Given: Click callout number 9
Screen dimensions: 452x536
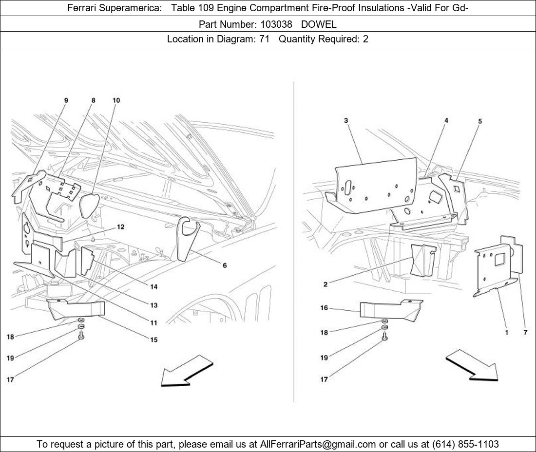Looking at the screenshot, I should (x=66, y=100).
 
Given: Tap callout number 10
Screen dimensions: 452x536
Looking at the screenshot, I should (x=116, y=100).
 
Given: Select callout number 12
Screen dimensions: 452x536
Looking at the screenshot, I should (x=120, y=227).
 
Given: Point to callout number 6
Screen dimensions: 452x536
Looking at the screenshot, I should (x=224, y=265).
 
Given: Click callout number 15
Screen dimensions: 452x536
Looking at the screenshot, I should (x=153, y=339).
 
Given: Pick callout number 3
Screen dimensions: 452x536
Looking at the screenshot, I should (x=345, y=120).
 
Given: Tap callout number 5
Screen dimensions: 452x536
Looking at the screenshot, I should (x=480, y=121).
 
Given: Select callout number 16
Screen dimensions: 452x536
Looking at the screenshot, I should (x=324, y=308).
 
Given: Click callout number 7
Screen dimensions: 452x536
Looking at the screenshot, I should (x=526, y=332).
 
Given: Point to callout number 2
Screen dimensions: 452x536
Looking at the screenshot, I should (x=325, y=284).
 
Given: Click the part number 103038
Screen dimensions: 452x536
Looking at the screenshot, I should (x=277, y=24).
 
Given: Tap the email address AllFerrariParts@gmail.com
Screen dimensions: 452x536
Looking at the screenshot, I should (x=318, y=444).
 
